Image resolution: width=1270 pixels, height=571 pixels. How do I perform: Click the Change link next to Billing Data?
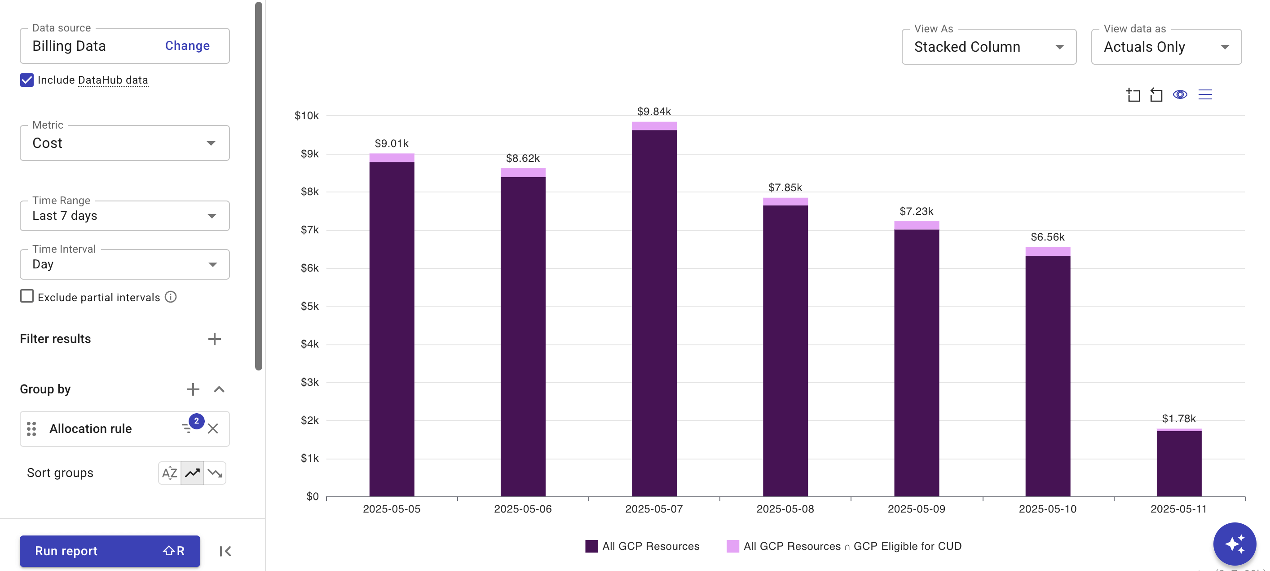(187, 46)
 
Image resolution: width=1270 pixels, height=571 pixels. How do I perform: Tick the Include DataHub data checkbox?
(27, 80)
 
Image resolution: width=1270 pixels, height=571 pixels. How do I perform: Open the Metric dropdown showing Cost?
(124, 143)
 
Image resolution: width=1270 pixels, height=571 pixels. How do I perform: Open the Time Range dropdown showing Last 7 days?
(124, 216)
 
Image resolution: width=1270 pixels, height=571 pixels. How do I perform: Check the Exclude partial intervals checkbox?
(27, 297)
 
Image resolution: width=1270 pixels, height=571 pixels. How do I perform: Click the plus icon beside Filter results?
(214, 339)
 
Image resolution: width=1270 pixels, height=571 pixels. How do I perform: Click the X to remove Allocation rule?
(213, 428)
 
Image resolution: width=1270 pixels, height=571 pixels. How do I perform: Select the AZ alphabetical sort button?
(170, 473)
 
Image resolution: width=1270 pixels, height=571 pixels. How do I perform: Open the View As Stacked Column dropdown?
(988, 47)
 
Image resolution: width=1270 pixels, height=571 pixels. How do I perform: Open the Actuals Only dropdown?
(1166, 47)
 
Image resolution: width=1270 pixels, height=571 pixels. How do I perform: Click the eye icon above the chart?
(1180, 95)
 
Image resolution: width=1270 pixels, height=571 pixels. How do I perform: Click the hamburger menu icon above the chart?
(1205, 95)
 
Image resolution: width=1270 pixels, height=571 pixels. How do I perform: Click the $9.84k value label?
(654, 112)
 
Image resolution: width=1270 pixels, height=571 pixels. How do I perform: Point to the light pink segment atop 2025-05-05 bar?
(392, 158)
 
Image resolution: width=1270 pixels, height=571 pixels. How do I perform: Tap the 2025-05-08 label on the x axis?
(785, 509)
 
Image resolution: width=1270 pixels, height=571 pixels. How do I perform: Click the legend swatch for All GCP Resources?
(591, 546)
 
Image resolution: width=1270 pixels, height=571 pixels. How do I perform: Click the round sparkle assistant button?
(1234, 544)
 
